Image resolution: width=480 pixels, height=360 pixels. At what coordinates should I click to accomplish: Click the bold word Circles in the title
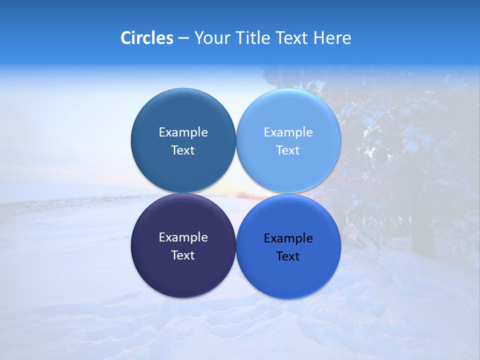[x=146, y=38]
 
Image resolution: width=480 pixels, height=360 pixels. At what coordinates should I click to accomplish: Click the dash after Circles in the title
[x=183, y=38]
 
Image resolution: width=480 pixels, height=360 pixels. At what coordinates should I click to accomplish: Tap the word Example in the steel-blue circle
[x=183, y=132]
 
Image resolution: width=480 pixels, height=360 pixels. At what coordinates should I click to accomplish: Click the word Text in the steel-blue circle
[x=183, y=150]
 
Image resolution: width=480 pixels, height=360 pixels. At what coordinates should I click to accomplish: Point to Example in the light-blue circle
[x=288, y=132]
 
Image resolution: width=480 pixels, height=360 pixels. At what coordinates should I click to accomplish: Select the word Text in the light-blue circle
[x=288, y=150]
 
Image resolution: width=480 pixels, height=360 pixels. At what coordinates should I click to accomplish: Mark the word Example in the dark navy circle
[x=183, y=237]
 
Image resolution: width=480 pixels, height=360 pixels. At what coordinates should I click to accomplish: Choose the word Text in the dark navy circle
[x=183, y=255]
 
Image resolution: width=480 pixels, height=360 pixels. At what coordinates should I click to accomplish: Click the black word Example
[x=288, y=238]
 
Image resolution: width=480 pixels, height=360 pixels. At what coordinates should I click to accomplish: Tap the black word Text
[x=288, y=256]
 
